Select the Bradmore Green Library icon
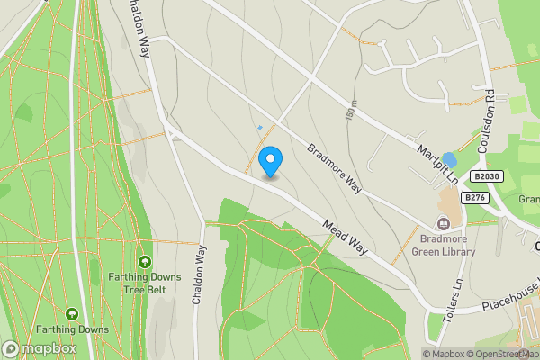click(x=444, y=223)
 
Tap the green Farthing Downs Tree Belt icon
click(x=144, y=262)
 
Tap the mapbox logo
click(x=40, y=348)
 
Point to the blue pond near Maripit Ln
click(x=449, y=160)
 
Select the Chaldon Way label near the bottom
click(x=199, y=274)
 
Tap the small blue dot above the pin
click(x=260, y=127)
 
